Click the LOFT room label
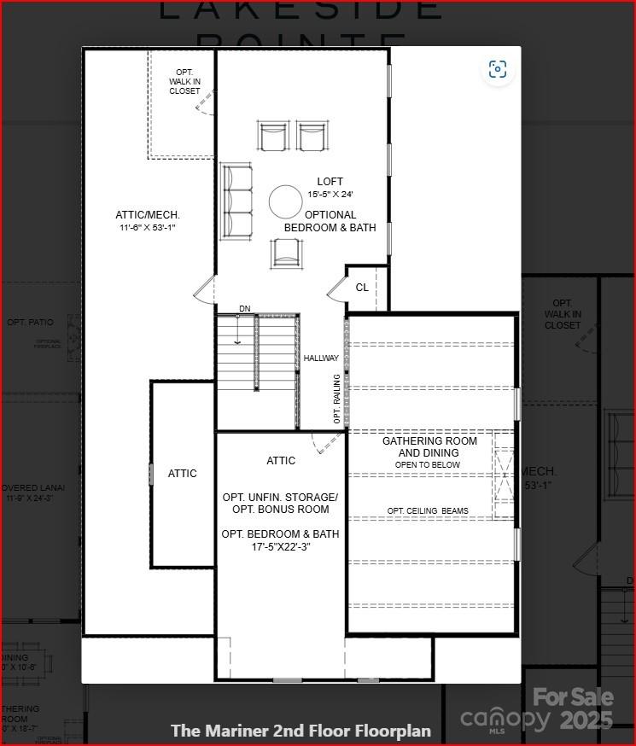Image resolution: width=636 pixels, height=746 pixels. [330, 182]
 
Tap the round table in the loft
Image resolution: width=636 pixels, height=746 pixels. [285, 202]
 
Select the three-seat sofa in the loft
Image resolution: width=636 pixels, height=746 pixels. [237, 201]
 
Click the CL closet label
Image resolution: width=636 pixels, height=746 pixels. [362, 288]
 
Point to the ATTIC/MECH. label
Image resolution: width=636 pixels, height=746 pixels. [148, 215]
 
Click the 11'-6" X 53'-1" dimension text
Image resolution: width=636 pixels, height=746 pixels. [148, 228]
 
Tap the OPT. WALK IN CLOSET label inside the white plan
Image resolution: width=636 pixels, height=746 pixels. [184, 81]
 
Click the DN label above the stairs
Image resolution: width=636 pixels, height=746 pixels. [245, 308]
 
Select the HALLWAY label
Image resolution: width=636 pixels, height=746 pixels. [321, 358]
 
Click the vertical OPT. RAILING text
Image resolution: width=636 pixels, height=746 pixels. [337, 399]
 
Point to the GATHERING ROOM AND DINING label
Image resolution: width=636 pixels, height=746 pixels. [429, 447]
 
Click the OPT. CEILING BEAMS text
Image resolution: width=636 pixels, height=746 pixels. [428, 511]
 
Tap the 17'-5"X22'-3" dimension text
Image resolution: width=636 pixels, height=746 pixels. [280, 547]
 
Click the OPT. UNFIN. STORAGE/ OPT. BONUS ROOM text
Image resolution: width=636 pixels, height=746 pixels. [280, 503]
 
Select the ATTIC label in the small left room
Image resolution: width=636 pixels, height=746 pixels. [182, 473]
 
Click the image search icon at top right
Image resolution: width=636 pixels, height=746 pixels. [498, 69]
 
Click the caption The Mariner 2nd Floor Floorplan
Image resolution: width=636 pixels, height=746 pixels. [300, 731]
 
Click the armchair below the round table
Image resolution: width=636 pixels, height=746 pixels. [285, 253]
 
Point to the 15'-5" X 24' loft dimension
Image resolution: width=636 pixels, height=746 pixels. [330, 195]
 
